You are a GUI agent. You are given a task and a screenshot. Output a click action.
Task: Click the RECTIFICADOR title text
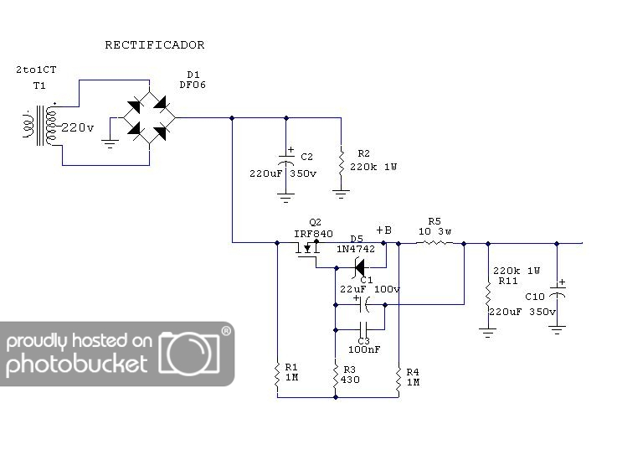click(x=154, y=45)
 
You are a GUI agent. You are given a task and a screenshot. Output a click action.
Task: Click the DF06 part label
click(x=193, y=85)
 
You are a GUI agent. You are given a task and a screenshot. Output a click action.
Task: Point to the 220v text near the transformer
click(x=77, y=128)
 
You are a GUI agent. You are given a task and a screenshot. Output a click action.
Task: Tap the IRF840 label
click(x=313, y=234)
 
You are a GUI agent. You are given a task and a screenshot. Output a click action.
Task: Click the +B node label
click(x=383, y=230)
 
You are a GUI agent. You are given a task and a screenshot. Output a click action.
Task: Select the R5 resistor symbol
click(x=434, y=244)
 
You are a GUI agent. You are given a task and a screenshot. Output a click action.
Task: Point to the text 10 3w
click(x=434, y=231)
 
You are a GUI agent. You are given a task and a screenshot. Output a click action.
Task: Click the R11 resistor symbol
click(x=486, y=297)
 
